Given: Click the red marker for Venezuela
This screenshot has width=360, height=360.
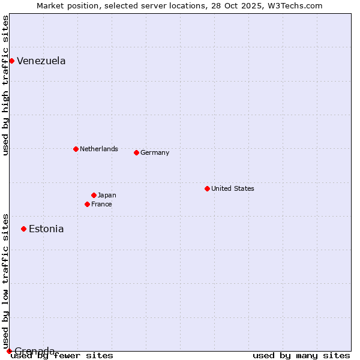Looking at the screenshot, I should pyautogui.click(x=11, y=61).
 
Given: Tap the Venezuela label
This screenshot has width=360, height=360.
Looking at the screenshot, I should pyautogui.click(x=41, y=61).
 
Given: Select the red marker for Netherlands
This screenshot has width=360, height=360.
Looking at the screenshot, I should pyautogui.click(x=76, y=149).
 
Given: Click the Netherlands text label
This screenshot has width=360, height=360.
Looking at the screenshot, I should pyautogui.click(x=99, y=149).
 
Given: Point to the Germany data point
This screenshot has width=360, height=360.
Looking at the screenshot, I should pyautogui.click(x=136, y=152).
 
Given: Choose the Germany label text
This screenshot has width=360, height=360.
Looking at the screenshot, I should pyautogui.click(x=155, y=152).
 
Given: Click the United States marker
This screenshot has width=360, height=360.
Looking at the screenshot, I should pyautogui.click(x=207, y=188).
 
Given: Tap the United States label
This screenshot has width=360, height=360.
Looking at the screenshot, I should pyautogui.click(x=233, y=188).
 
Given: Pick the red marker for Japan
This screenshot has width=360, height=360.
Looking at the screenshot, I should pyautogui.click(x=94, y=195).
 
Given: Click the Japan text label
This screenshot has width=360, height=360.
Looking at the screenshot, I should pyautogui.click(x=107, y=195).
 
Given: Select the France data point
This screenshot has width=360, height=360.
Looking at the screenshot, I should pyautogui.click(x=87, y=204).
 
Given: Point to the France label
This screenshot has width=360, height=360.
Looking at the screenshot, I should pyautogui.click(x=101, y=204).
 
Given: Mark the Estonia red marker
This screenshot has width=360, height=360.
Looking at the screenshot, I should pyautogui.click(x=23, y=229).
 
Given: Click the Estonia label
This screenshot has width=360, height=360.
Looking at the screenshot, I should pyautogui.click(x=46, y=229).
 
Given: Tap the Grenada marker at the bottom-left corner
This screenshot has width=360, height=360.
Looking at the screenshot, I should pyautogui.click(x=9, y=351).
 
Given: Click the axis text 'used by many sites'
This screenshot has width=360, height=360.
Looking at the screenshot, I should pyautogui.click(x=301, y=356).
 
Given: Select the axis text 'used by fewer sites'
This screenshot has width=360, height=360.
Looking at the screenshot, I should pyautogui.click(x=62, y=356).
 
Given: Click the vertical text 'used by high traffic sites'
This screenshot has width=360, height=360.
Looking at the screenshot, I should pyautogui.click(x=6, y=85).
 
